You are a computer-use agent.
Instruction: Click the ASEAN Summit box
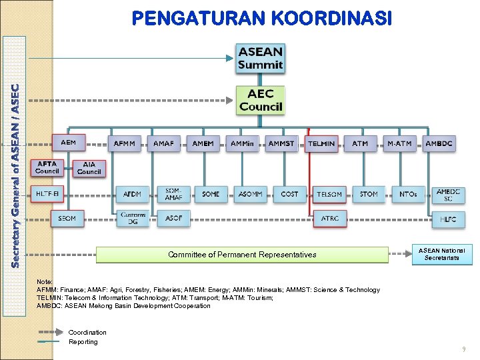261,58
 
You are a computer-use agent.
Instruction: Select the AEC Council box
261,100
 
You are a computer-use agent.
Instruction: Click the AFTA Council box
47,167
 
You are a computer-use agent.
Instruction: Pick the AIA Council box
89,168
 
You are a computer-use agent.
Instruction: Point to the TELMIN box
321,143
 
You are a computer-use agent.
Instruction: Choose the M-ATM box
400,143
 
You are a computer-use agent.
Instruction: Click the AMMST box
281,143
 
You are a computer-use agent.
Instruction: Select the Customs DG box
133,218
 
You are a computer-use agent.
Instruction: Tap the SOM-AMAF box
173,194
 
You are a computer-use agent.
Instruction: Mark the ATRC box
330,219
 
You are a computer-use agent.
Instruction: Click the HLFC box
448,219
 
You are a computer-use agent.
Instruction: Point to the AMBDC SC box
448,195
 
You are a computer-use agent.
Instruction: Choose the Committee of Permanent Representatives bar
242,255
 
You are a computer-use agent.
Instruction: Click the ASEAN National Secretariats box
441,254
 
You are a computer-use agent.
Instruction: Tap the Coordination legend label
87,332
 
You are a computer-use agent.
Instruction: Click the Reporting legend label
83,342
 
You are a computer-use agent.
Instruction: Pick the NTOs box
408,194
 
